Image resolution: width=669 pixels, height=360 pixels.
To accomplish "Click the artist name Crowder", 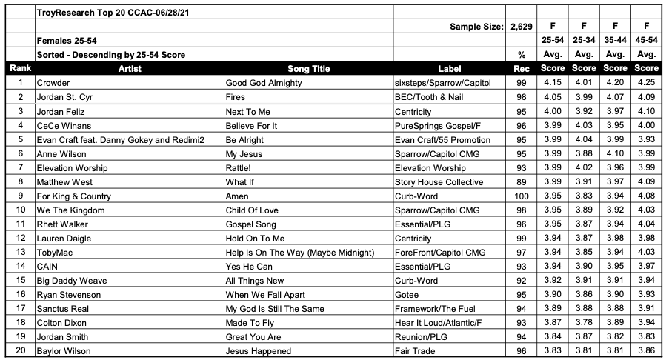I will [x=54, y=83].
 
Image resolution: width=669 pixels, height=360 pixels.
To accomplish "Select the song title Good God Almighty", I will [x=263, y=83].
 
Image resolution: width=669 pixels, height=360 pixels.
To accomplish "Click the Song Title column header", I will [x=308, y=69].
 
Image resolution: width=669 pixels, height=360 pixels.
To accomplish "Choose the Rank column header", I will [x=20, y=69].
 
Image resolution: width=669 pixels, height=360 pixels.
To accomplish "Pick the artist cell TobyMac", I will [x=54, y=253].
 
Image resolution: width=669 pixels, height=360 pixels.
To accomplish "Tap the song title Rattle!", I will [x=241, y=168].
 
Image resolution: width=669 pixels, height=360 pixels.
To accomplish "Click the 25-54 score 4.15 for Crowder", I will [x=552, y=83].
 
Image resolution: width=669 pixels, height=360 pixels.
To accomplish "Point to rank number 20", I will [x=20, y=350].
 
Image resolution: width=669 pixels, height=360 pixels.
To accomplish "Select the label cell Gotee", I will [x=409, y=294].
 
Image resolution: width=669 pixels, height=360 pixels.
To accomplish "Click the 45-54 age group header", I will [x=647, y=40].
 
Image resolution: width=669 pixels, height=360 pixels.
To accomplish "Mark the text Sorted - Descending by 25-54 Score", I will [x=111, y=55].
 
